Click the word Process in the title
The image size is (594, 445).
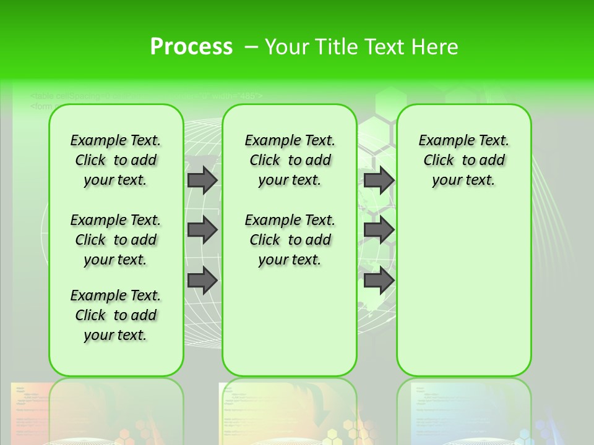191,47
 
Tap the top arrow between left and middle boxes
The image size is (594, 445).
202,180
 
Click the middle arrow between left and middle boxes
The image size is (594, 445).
202,230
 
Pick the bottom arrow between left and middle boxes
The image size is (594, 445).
202,280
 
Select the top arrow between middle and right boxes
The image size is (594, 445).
379,180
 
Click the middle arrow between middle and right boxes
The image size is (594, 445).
379,230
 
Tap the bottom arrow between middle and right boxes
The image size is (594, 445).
379,280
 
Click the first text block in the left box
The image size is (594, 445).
116,160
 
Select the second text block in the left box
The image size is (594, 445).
116,240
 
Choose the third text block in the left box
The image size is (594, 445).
116,315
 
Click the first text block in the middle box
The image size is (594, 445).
290,160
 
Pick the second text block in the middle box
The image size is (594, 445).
290,240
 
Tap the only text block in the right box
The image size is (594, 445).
463,160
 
